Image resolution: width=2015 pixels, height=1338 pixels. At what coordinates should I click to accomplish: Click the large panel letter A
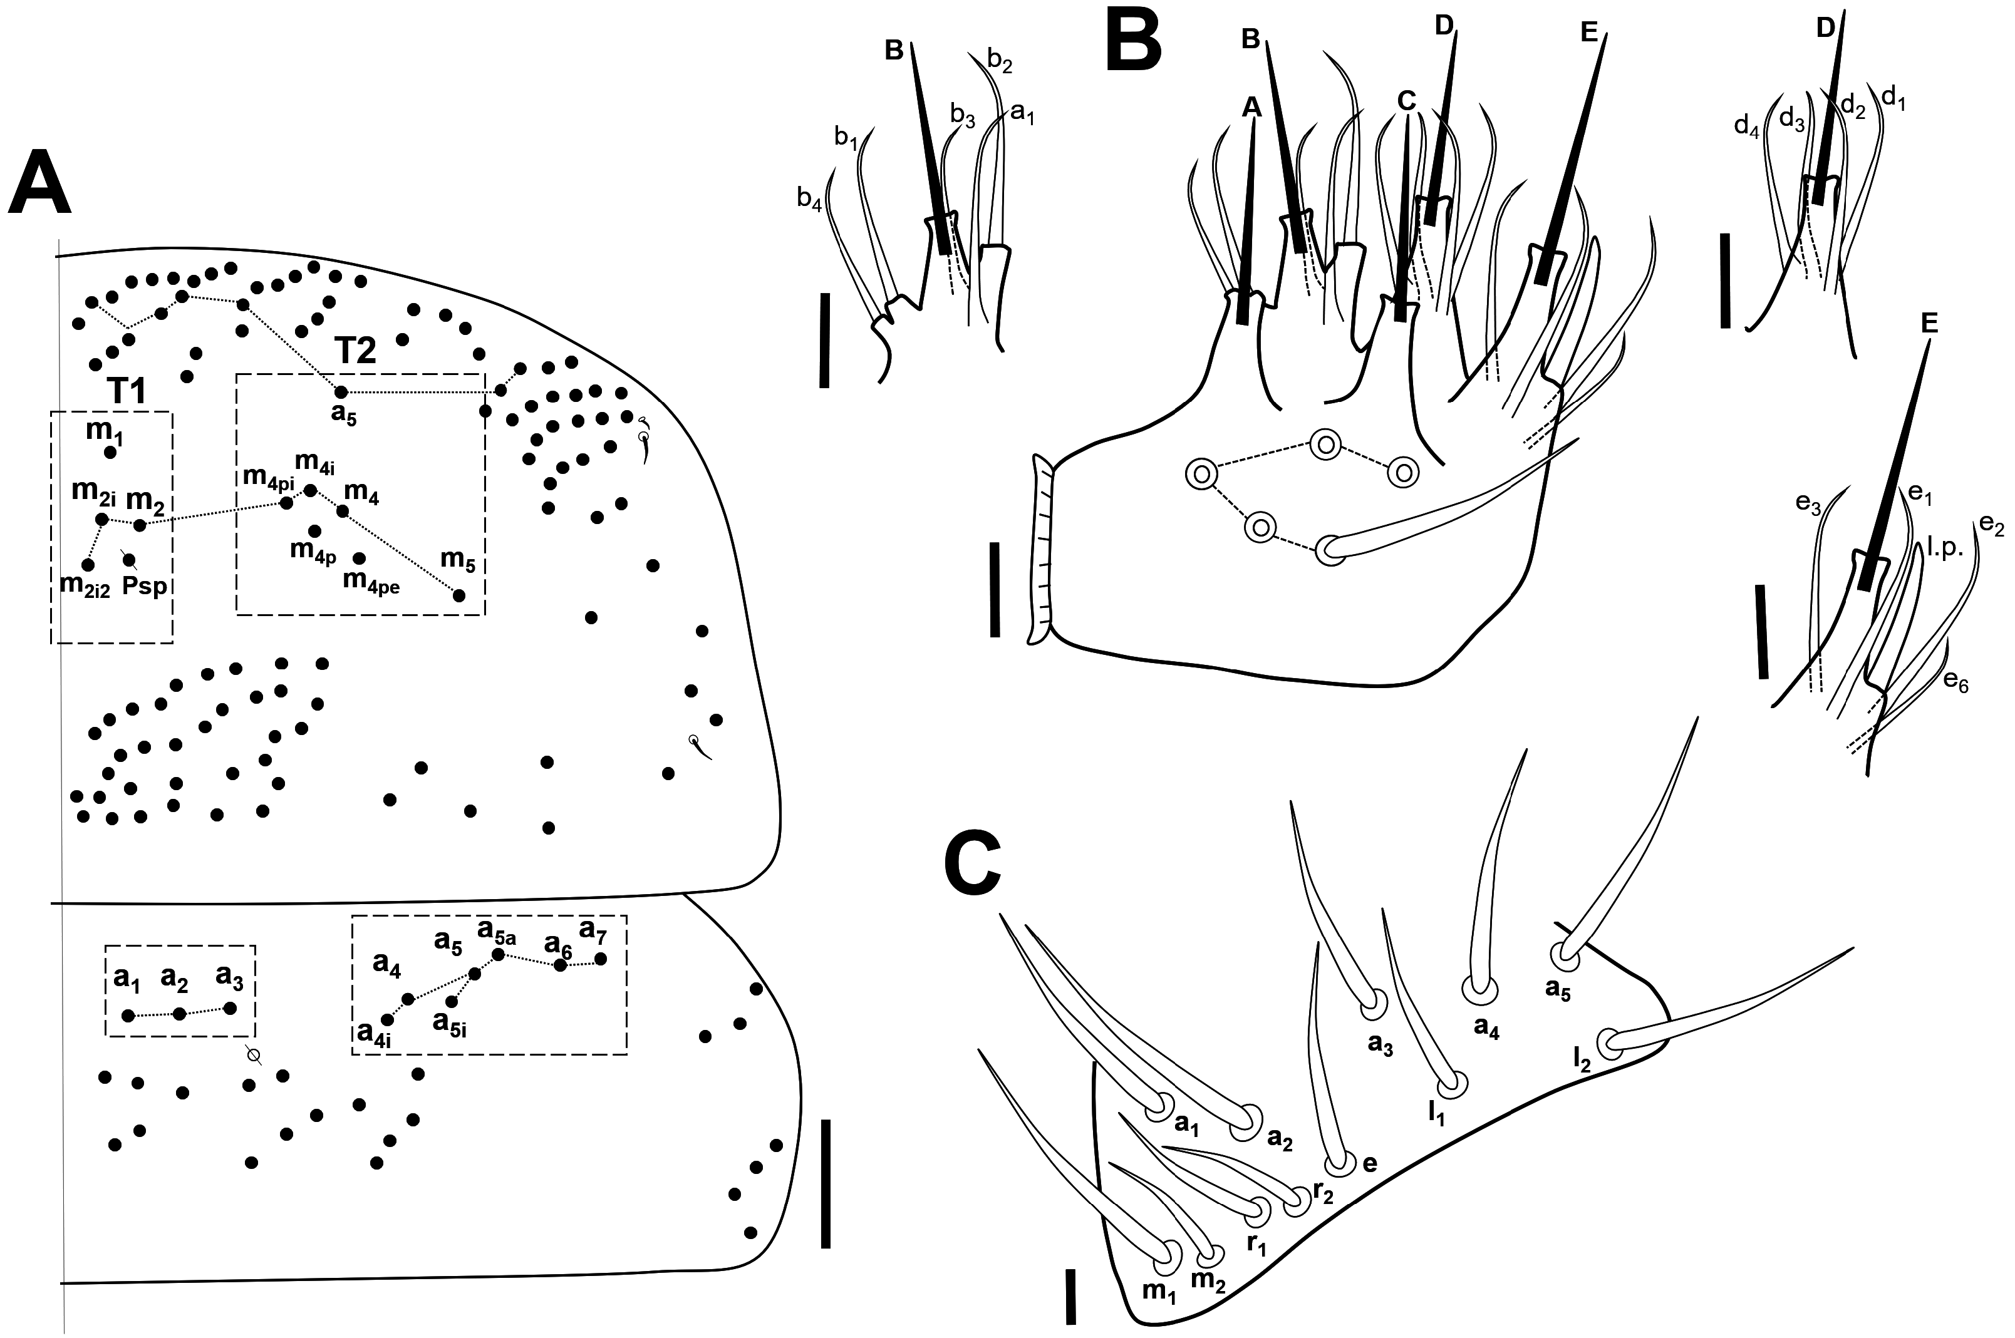click(x=39, y=183)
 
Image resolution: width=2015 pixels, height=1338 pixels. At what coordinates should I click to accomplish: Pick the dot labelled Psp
click(x=130, y=560)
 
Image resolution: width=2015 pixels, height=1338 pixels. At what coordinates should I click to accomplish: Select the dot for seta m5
click(x=459, y=595)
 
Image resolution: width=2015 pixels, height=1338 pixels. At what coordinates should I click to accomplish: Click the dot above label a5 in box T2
click(x=341, y=392)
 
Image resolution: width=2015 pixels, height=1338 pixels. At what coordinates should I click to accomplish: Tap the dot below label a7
click(x=601, y=959)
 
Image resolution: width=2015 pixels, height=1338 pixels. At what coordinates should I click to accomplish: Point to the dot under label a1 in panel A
click(x=128, y=1016)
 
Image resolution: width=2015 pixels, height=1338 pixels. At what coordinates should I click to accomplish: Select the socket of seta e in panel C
click(x=1340, y=1163)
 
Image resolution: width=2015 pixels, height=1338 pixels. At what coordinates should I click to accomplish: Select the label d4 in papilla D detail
click(x=1747, y=125)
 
